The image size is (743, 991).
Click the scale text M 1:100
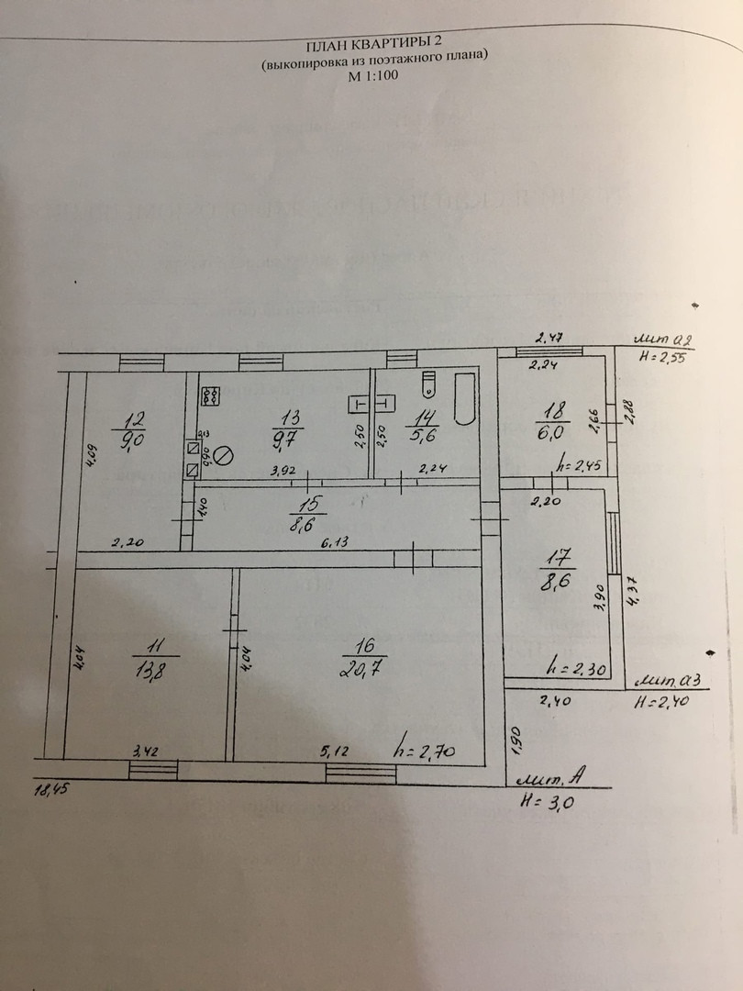[373, 78]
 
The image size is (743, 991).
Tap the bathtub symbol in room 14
[464, 400]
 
